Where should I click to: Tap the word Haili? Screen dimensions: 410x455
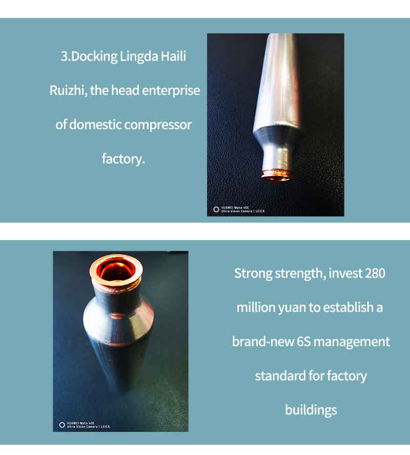point(173,56)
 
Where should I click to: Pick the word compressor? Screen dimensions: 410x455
point(158,125)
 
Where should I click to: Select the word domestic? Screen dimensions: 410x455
point(95,125)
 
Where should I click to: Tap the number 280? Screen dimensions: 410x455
point(375,273)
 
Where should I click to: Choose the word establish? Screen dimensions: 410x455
point(348,307)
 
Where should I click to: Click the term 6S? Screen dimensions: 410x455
point(303,342)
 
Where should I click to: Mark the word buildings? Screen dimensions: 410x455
point(311,410)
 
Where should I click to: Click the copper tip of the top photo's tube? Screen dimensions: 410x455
point(276,175)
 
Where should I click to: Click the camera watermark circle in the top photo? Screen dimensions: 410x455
point(216,209)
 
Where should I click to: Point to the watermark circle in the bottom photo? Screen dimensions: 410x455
point(62,425)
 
